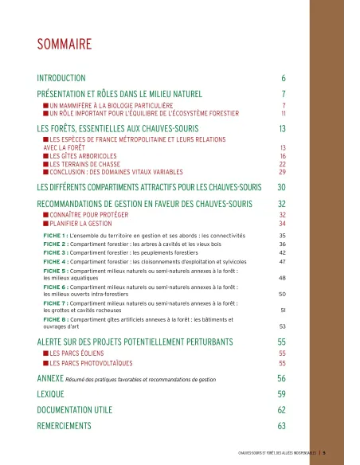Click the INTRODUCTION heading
click(61, 78)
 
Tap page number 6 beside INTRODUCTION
click(283, 78)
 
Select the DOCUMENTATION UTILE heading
click(76, 410)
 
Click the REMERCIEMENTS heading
click(65, 426)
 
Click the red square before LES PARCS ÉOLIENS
click(45, 353)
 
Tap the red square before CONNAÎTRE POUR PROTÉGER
click(45, 215)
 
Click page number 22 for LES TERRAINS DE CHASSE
click(282, 164)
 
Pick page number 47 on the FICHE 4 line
click(282, 261)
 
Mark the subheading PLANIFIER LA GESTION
click(82, 224)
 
